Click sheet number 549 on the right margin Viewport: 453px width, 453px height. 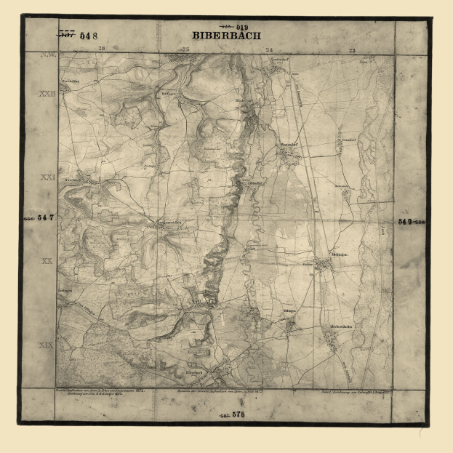coord(405,221)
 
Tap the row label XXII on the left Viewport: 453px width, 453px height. coord(47,94)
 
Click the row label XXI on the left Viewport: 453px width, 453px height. coord(47,177)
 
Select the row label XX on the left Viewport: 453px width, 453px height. coord(47,260)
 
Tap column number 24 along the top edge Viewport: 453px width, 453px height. coord(270,50)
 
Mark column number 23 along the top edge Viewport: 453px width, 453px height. coord(353,50)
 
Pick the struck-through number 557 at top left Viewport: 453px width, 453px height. coord(67,34)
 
